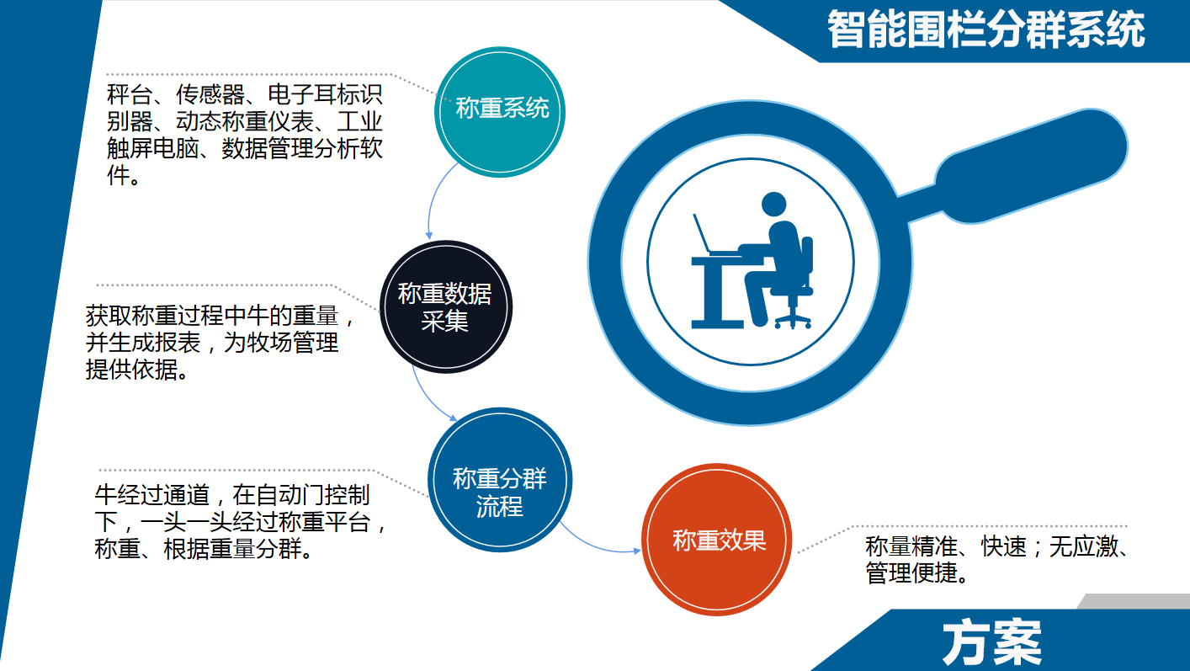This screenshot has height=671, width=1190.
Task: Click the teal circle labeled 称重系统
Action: point(501,112)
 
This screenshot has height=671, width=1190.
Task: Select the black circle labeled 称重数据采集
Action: point(445,306)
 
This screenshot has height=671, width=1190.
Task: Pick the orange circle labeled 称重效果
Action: point(717,540)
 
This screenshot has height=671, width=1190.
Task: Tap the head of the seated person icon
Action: point(773,205)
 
